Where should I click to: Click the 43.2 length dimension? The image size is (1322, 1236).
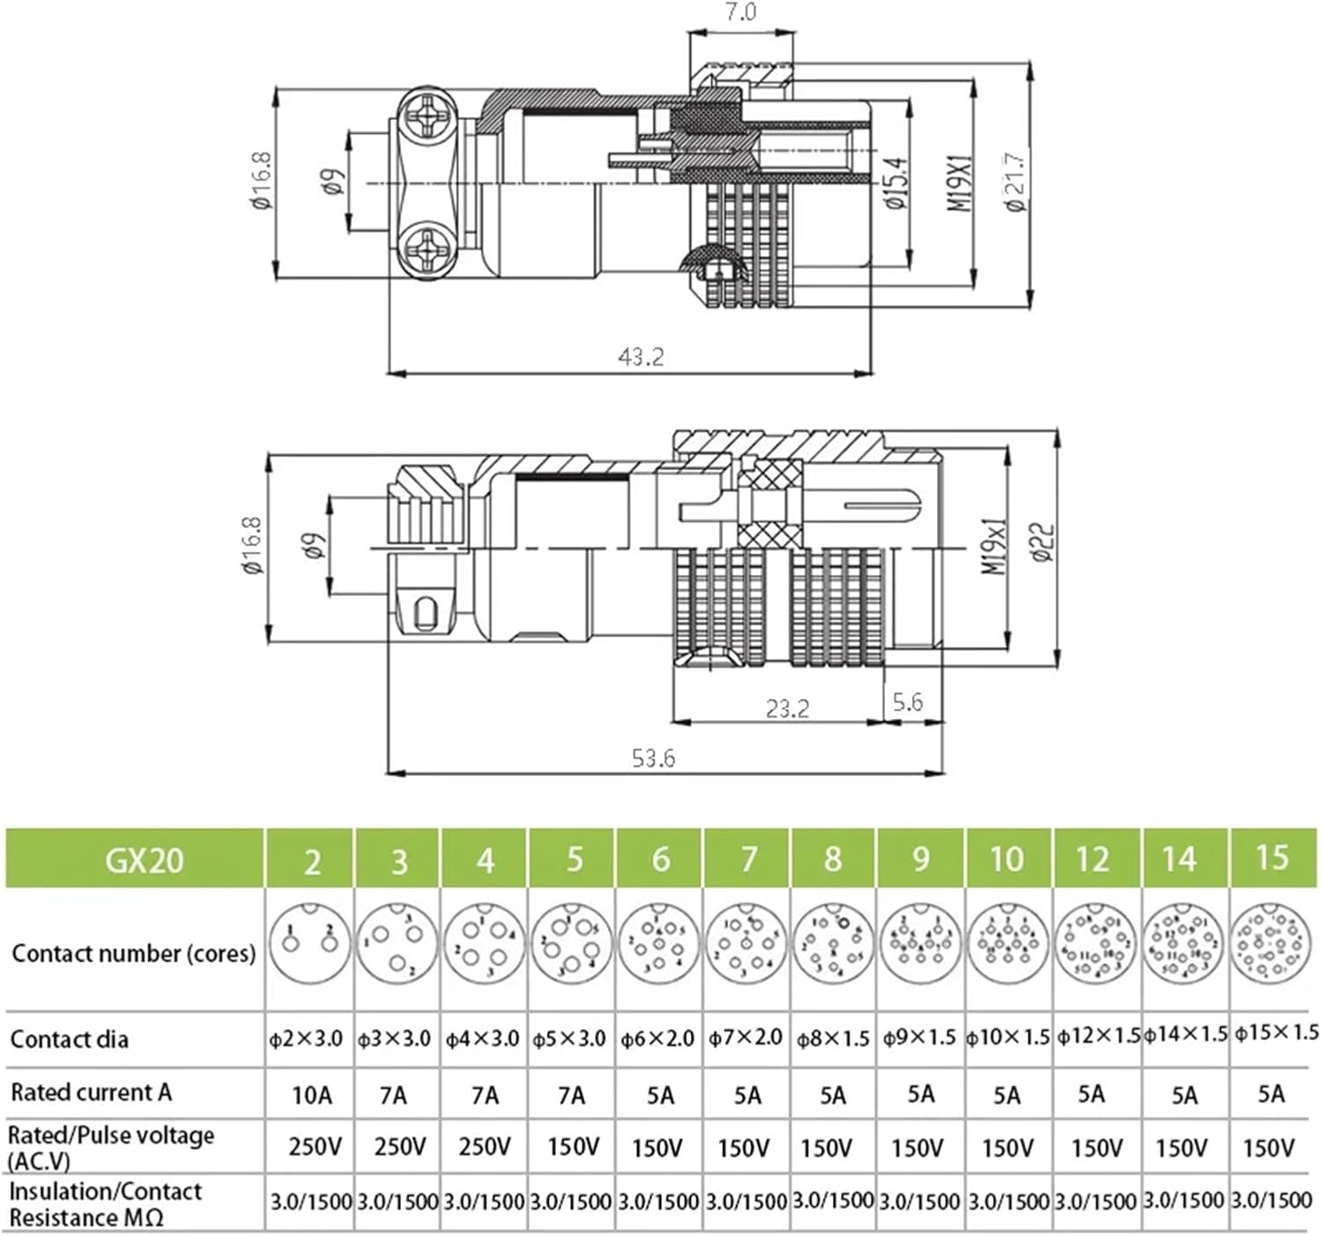tap(641, 357)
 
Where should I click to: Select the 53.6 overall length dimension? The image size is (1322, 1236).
tap(653, 758)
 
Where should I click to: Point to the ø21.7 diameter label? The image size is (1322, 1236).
tap(1016, 182)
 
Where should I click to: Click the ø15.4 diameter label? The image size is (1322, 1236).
tap(896, 182)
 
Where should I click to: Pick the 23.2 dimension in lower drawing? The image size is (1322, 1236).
tap(786, 709)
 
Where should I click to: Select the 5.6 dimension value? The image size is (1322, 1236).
tap(907, 703)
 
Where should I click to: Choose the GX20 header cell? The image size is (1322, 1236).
tap(144, 859)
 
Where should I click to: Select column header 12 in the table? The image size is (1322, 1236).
tap(1093, 859)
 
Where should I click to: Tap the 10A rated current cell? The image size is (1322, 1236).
tap(312, 1095)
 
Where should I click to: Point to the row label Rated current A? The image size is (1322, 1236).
tap(91, 1092)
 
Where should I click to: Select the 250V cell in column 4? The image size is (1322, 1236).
tap(485, 1146)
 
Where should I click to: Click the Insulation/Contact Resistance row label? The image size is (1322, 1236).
tap(105, 1204)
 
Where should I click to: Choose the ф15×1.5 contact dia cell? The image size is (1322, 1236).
tap(1275, 1033)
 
